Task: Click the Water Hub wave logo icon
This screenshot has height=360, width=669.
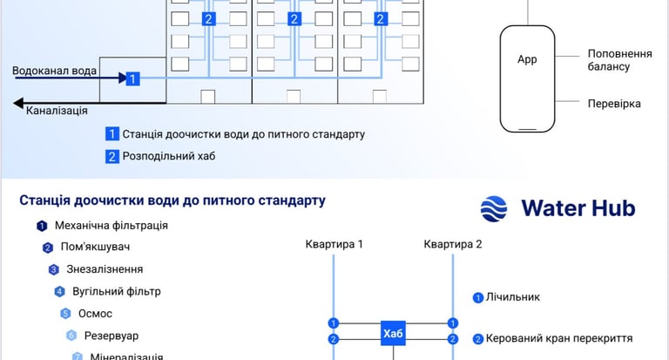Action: point(495,208)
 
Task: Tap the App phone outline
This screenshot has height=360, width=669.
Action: point(527,78)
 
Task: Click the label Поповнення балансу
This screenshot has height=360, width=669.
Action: point(620,59)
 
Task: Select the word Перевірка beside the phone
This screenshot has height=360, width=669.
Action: point(614,103)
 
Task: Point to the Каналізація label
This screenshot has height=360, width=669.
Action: point(57,111)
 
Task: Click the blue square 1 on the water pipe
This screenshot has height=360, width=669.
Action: point(132,78)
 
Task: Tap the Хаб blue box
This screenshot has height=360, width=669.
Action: point(393,333)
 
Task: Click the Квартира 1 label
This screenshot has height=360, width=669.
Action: point(334,244)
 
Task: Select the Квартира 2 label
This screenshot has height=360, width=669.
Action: point(453,244)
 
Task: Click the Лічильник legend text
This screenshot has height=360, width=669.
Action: point(512,297)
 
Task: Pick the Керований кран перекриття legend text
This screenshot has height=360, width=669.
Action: point(564,338)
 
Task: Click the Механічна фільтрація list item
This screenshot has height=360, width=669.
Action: point(111,226)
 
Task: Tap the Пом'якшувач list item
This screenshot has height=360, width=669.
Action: point(101,248)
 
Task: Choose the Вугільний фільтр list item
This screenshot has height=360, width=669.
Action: point(116,291)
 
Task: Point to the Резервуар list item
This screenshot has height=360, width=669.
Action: point(111,336)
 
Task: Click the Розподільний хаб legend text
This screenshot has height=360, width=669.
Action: point(168,157)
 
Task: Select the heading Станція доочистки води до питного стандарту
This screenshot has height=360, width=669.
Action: point(172,200)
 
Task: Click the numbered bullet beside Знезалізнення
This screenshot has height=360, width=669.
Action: point(53,269)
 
